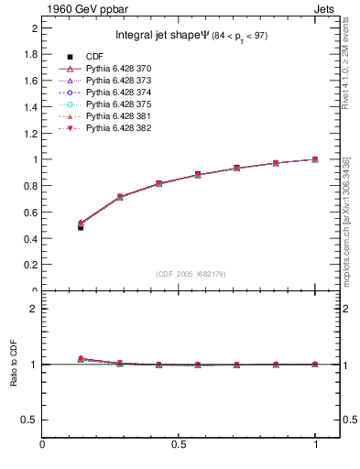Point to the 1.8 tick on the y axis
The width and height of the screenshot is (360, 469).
tap(30, 54)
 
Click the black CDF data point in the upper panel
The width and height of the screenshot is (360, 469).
tap(81, 227)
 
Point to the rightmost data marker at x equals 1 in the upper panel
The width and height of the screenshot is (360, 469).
tap(315, 159)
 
